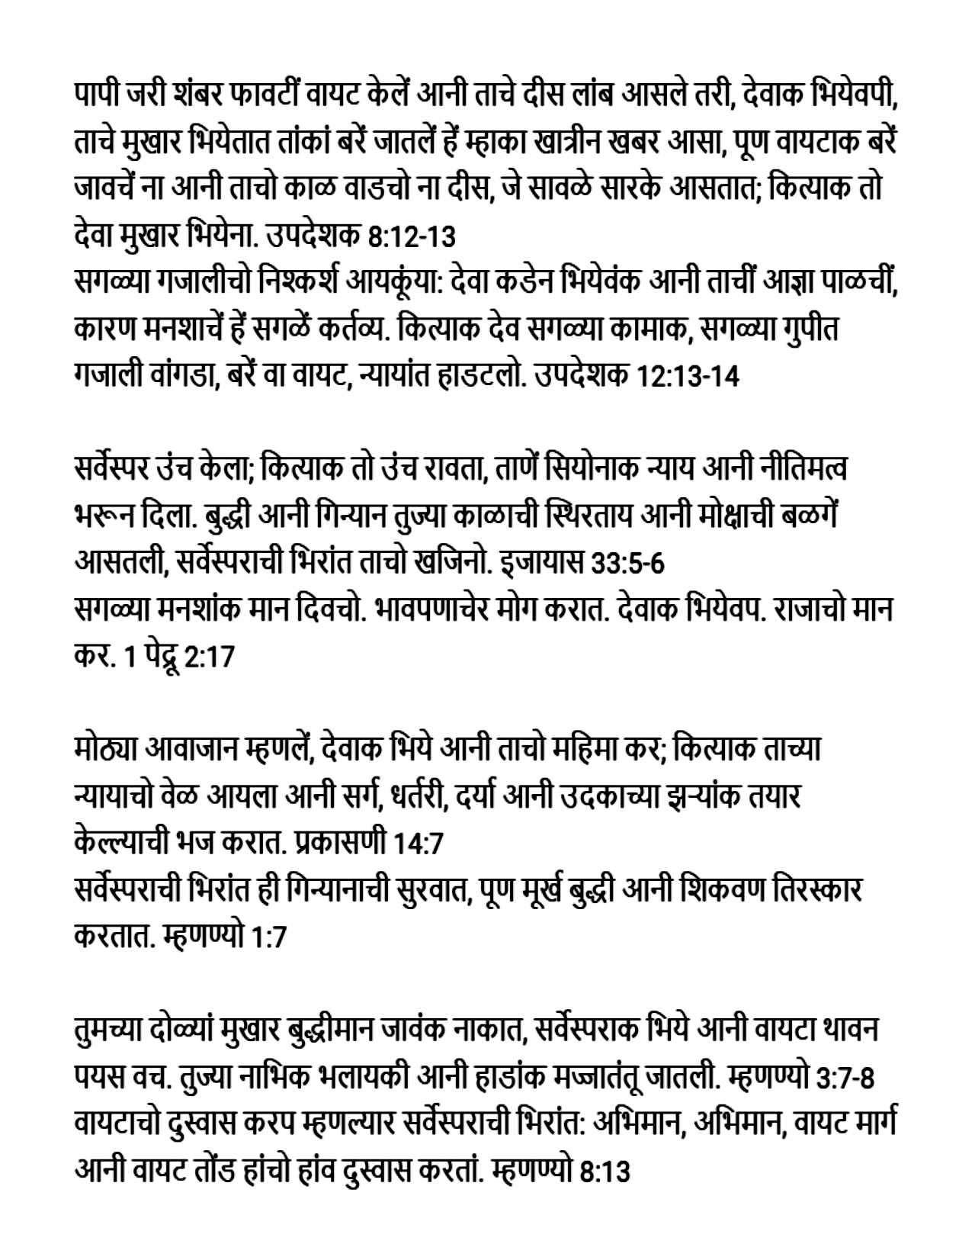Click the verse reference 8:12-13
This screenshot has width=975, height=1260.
(x=412, y=236)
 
